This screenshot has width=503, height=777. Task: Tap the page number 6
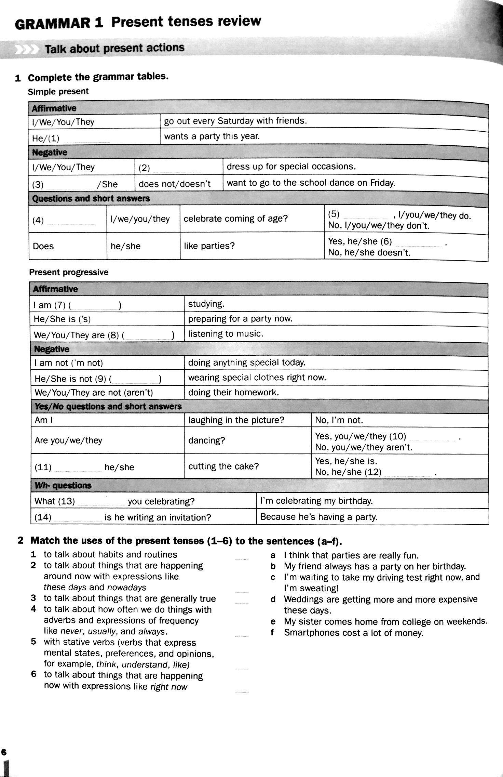(x=4, y=752)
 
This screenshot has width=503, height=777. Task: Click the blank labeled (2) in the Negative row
(x=176, y=169)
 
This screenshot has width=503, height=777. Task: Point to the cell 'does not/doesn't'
(x=175, y=184)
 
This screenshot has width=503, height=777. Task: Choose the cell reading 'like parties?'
(x=209, y=246)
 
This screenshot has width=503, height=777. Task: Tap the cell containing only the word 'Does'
(x=43, y=246)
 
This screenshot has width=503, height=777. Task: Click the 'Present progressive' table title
(x=69, y=272)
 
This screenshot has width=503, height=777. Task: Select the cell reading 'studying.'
(x=206, y=304)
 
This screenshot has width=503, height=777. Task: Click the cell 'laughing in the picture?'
(x=236, y=420)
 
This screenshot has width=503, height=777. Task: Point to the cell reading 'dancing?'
(x=207, y=440)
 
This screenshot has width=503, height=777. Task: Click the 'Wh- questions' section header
(x=63, y=486)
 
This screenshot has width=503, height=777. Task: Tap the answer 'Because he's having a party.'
(x=319, y=517)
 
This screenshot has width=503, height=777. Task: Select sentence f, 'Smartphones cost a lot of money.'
(x=354, y=633)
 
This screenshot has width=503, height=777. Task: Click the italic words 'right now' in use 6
(x=169, y=687)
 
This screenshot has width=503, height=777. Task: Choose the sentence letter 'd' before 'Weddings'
(x=273, y=600)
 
